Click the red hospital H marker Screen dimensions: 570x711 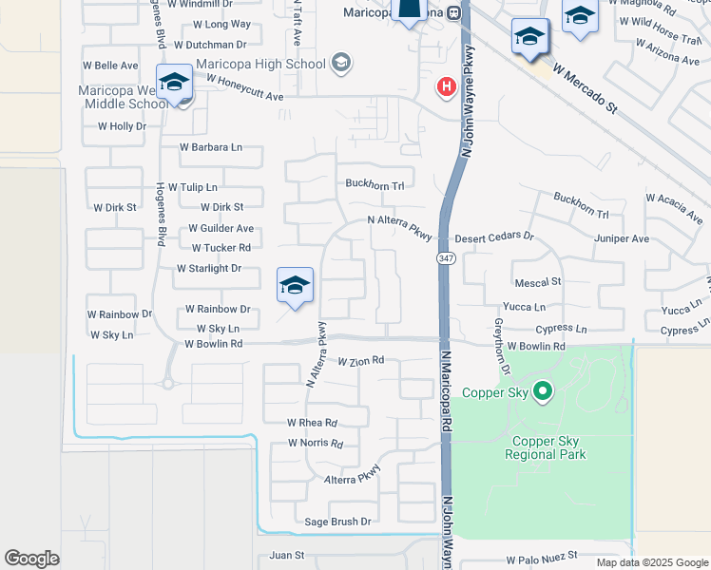click(445, 87)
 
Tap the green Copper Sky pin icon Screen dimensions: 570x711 click(543, 390)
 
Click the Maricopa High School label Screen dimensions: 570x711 click(259, 64)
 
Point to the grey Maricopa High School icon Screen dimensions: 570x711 click(341, 64)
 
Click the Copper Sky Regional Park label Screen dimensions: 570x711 click(549, 447)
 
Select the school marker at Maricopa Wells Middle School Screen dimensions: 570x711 click(175, 84)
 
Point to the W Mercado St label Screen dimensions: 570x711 click(584, 90)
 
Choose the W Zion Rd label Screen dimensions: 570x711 click(360, 360)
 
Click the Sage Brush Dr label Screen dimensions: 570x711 click(337, 522)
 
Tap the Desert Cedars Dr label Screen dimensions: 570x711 click(494, 237)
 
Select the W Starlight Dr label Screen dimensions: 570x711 click(209, 269)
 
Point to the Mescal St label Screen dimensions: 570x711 click(538, 282)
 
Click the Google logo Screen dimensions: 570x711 click(31, 559)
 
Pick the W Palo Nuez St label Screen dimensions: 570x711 click(541, 561)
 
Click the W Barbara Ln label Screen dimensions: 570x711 click(211, 147)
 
